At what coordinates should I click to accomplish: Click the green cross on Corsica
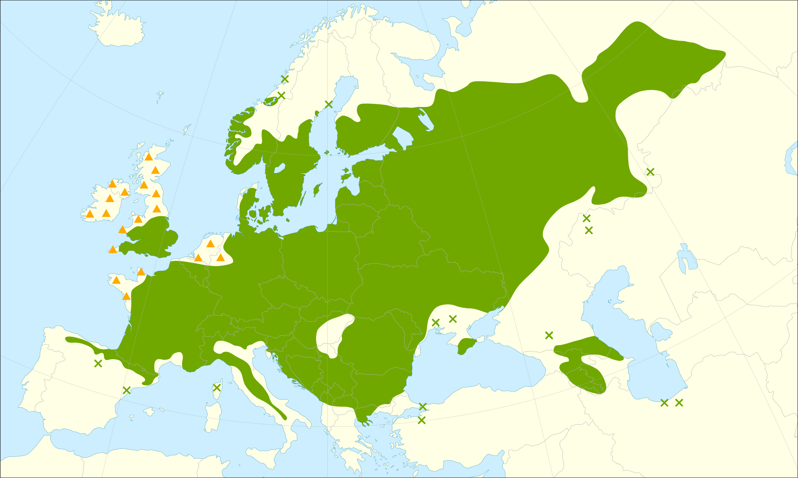(217, 387)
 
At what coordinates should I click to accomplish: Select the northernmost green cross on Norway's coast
(285, 79)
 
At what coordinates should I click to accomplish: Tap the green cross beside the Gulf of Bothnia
(329, 104)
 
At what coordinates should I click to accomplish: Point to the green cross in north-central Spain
(98, 364)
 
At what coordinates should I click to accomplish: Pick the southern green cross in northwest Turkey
(421, 420)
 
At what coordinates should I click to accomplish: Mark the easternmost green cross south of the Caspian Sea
(679, 403)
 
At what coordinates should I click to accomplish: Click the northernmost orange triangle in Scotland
(148, 157)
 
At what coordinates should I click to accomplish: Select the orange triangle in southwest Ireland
(90, 214)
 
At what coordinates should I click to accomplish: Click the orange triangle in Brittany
(116, 280)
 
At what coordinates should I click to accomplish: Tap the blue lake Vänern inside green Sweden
(279, 168)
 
